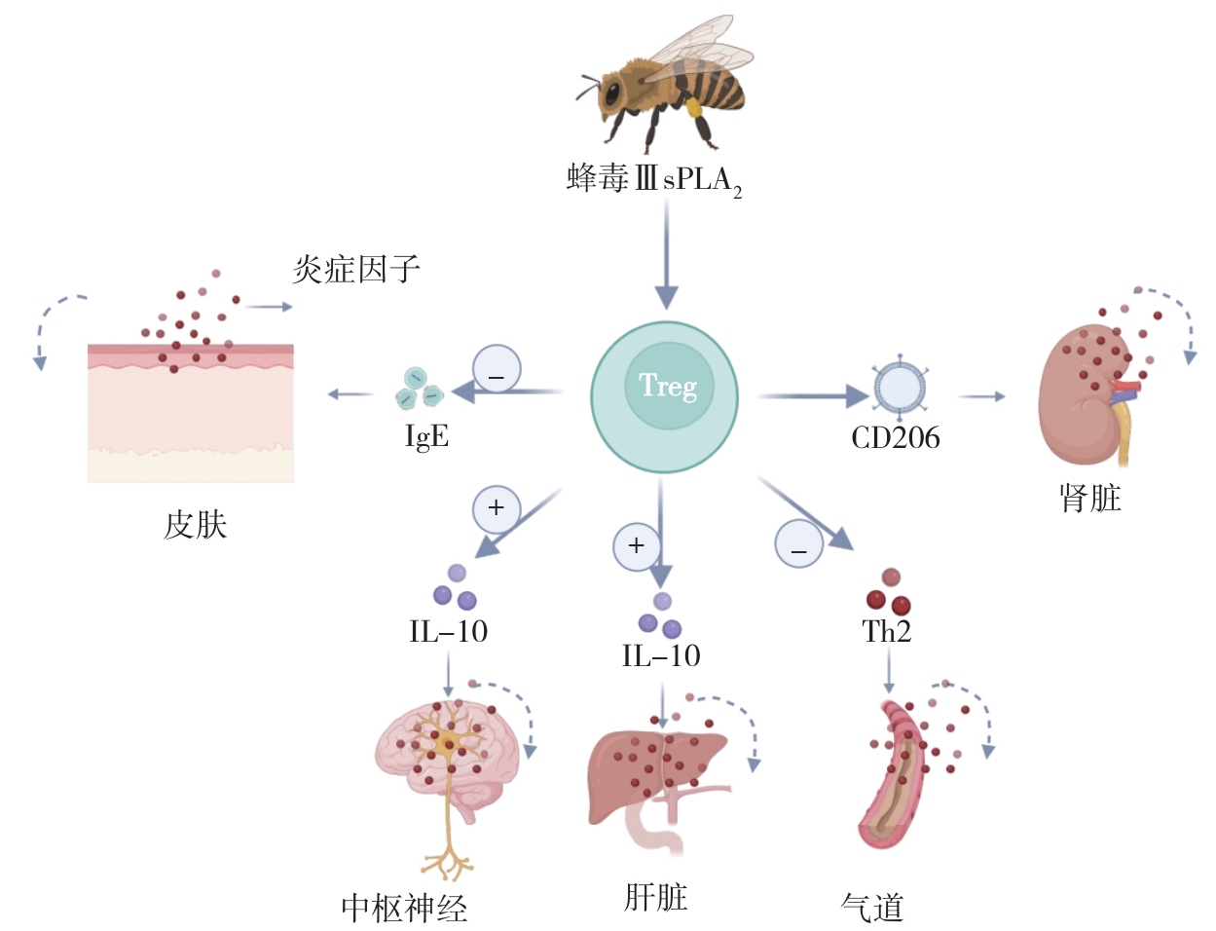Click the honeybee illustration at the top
[x=664, y=83]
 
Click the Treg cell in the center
[x=665, y=396]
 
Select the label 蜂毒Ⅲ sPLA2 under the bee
[x=654, y=179]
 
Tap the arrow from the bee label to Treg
[x=666, y=253]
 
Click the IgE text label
[x=426, y=436]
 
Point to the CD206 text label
[x=895, y=438]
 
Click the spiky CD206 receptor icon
[x=899, y=388]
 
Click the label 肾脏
[x=1090, y=499]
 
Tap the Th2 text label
[x=886, y=632]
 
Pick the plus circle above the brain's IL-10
[x=497, y=508]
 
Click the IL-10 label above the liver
[x=661, y=656]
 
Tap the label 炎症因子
[x=356, y=269]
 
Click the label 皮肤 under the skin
[x=195, y=526]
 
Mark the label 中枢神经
[x=404, y=909]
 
